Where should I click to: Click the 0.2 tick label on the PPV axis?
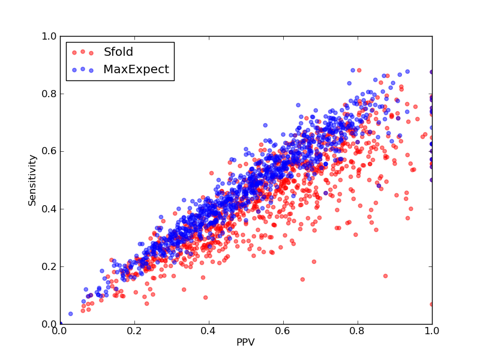click(x=134, y=331)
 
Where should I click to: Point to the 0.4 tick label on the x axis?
click(x=209, y=331)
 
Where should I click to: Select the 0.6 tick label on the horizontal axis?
click(x=283, y=331)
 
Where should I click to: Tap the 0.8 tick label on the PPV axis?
click(x=358, y=331)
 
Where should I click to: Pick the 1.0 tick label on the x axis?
click(x=432, y=331)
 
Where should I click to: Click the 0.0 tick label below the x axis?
click(x=60, y=331)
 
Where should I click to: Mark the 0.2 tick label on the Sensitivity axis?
click(x=49, y=266)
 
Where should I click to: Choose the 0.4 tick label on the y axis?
click(x=49, y=209)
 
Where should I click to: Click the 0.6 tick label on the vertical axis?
click(x=49, y=152)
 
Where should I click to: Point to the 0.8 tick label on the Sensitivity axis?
click(x=49, y=94)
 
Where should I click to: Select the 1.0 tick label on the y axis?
click(x=49, y=36)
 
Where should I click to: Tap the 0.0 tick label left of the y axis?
click(x=49, y=324)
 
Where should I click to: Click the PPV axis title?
click(x=245, y=342)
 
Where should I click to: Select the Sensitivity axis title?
click(x=32, y=181)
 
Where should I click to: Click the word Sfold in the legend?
click(x=118, y=52)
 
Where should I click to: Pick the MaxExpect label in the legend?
click(x=136, y=70)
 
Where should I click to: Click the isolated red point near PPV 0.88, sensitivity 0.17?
click(x=385, y=276)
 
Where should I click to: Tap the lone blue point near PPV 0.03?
click(x=71, y=314)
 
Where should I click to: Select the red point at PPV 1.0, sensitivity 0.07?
click(x=431, y=304)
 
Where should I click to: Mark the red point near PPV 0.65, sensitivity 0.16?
click(x=302, y=279)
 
